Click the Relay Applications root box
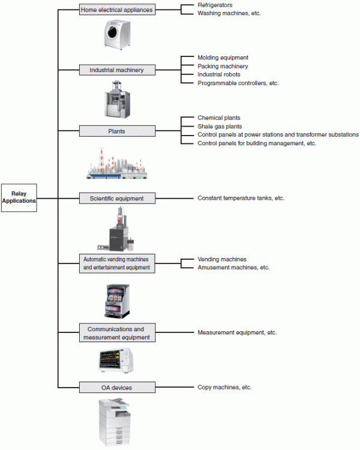(x=19, y=197)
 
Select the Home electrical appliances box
(x=117, y=10)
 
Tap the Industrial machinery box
(x=117, y=70)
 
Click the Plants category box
(x=117, y=131)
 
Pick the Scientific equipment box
(x=117, y=197)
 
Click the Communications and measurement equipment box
(x=117, y=333)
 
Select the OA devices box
(x=117, y=388)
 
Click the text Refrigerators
(x=215, y=5)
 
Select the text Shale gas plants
(x=220, y=127)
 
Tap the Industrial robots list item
(x=219, y=74)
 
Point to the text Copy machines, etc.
(x=224, y=388)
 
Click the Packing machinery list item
(x=223, y=66)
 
